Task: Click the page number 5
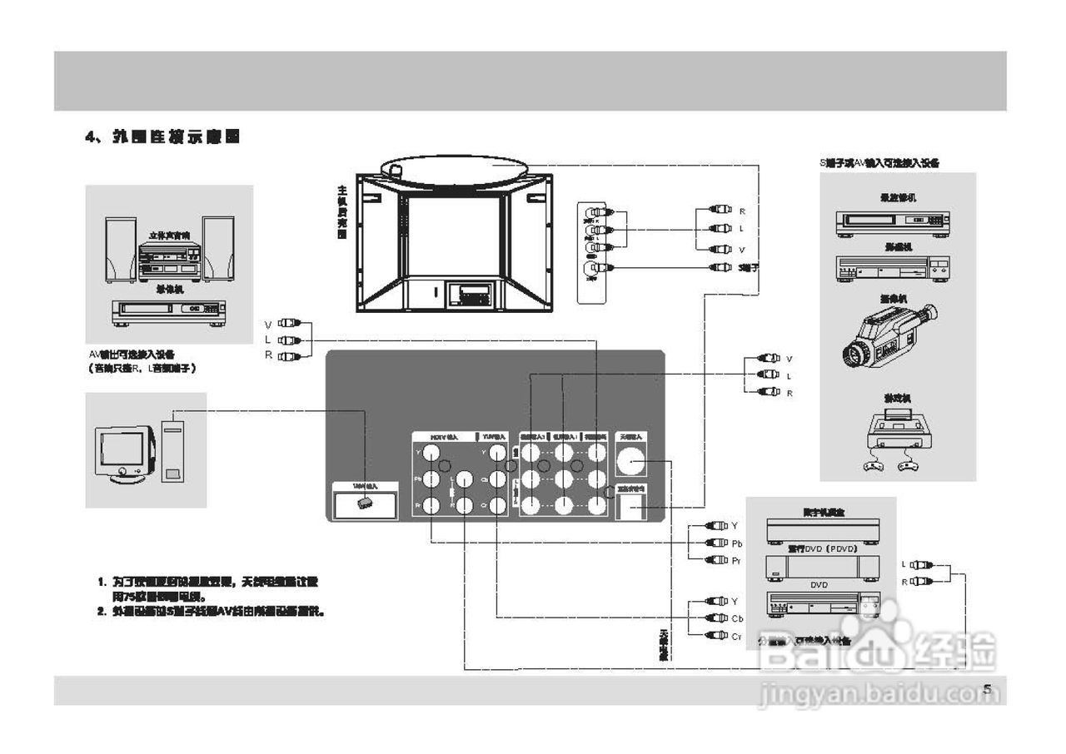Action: pyautogui.click(x=987, y=689)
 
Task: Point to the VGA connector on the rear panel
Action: pyautogui.click(x=364, y=503)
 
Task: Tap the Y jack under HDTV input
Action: pyautogui.click(x=431, y=453)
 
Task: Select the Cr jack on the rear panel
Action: pyautogui.click(x=497, y=505)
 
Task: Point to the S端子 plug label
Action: pyautogui.click(x=749, y=267)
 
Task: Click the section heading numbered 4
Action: pyautogui.click(x=163, y=137)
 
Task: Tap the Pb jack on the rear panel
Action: pyautogui.click(x=431, y=479)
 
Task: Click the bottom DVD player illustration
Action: pyautogui.click(x=823, y=607)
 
